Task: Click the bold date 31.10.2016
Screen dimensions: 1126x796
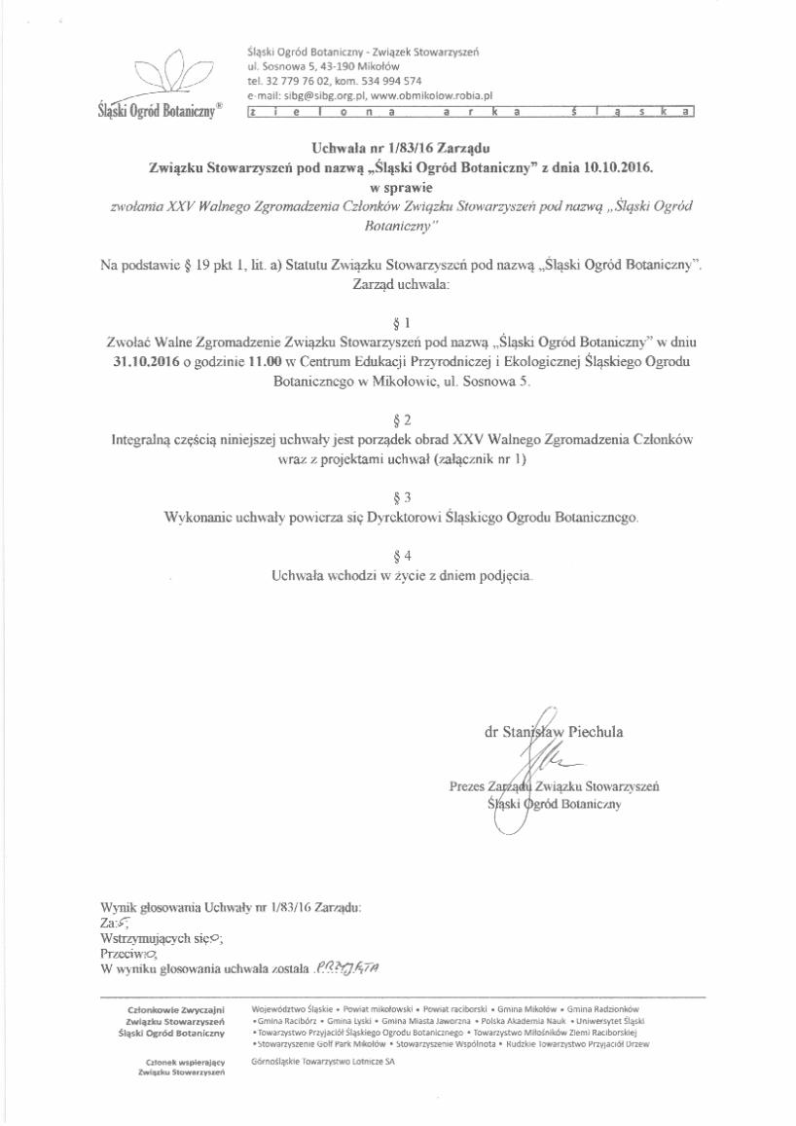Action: pyautogui.click(x=149, y=362)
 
